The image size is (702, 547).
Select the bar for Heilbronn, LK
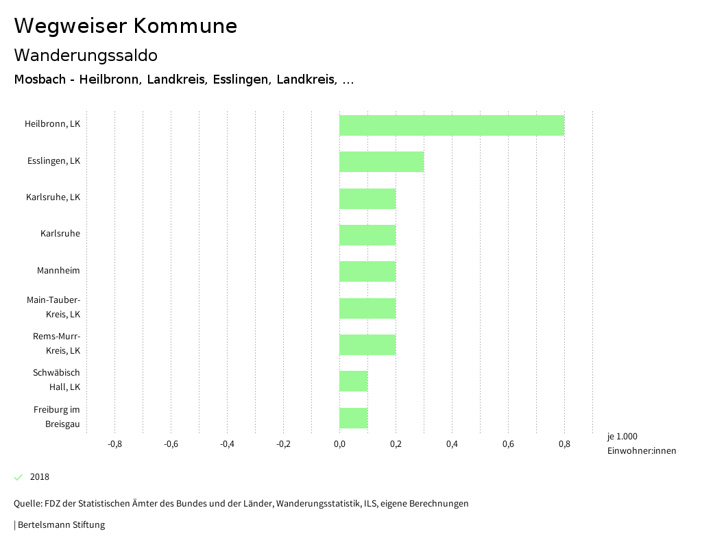click(451, 125)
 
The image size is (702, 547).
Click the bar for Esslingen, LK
click(381, 162)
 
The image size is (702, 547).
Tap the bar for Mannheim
click(367, 271)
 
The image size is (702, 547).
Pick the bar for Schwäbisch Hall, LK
click(353, 381)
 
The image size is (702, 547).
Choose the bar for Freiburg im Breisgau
click(353, 418)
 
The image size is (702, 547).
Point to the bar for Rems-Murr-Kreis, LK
click(367, 345)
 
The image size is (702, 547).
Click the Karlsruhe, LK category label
click(53, 197)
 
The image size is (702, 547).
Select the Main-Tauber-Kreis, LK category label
click(53, 307)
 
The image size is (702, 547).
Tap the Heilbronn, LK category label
click(52, 124)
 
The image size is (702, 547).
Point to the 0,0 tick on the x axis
click(339, 444)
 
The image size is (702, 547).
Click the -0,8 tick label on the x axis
click(114, 444)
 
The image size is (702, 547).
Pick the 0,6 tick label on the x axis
click(508, 444)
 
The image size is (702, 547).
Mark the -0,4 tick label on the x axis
click(227, 444)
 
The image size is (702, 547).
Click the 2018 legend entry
click(39, 477)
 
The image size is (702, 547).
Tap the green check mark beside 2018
click(19, 477)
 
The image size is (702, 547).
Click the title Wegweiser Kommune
click(125, 26)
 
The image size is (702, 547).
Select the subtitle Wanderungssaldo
click(86, 55)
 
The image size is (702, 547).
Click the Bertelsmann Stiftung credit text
click(61, 525)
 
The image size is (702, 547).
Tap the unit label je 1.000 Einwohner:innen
click(641, 443)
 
